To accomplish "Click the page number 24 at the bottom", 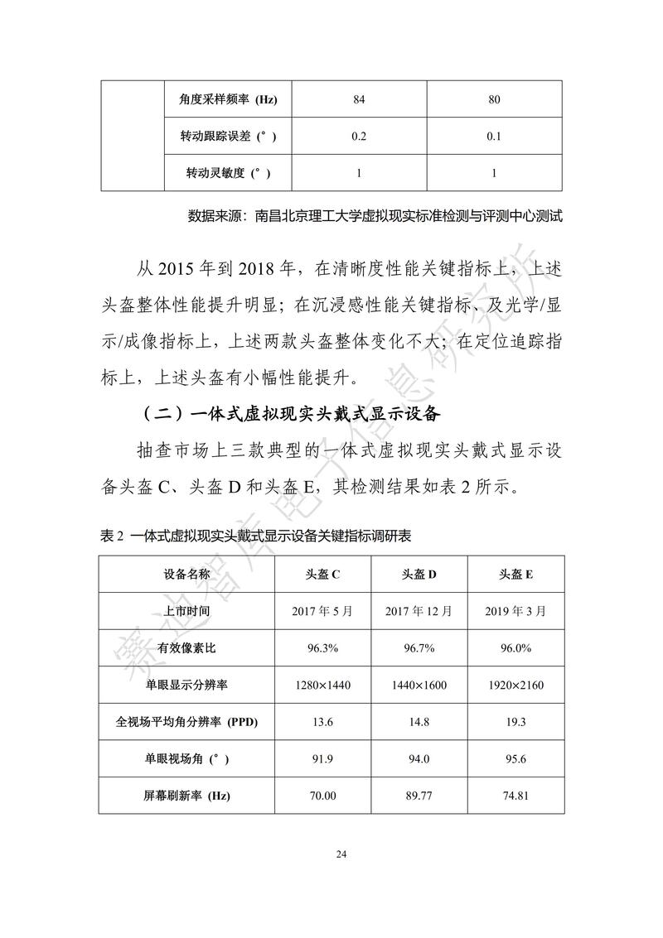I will (x=331, y=854).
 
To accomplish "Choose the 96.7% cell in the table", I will (x=419, y=647).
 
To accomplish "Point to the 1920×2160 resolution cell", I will (x=515, y=685).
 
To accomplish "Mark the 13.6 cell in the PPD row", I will (x=324, y=722).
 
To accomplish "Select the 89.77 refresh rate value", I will (x=419, y=796).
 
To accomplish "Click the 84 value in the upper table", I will (x=359, y=101).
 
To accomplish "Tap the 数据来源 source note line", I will (x=375, y=217).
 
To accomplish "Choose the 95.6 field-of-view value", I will (x=515, y=759).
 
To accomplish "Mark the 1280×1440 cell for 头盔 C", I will (x=324, y=685).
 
